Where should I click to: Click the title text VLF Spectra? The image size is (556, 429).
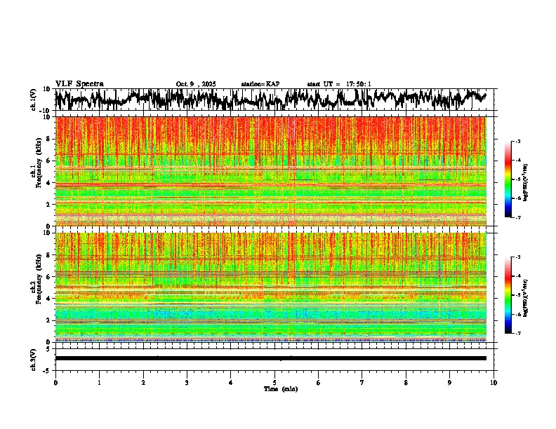click(x=79, y=83)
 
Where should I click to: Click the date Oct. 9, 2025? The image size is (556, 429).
click(x=196, y=84)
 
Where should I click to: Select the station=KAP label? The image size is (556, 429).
click(x=260, y=84)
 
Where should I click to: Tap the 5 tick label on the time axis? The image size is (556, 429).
click(x=274, y=382)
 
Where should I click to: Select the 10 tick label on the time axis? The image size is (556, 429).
click(x=494, y=382)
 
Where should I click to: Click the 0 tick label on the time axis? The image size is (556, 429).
click(x=55, y=382)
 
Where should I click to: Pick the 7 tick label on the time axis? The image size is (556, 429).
click(x=362, y=382)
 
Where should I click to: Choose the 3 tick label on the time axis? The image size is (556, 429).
click(x=187, y=382)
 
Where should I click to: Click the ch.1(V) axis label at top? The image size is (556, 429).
click(x=34, y=100)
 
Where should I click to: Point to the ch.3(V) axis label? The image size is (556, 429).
click(x=34, y=357)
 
